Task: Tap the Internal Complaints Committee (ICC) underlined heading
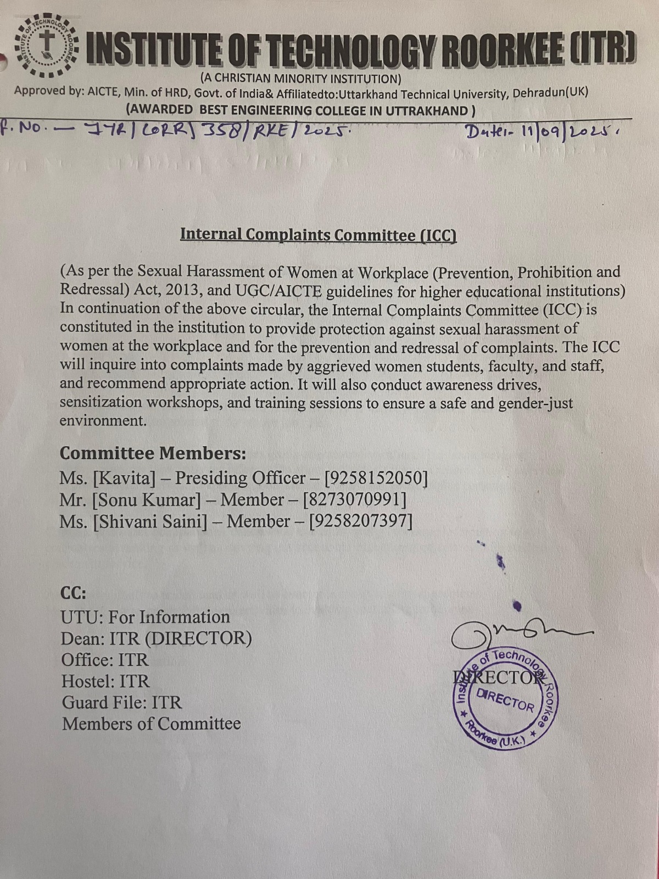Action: click(x=319, y=235)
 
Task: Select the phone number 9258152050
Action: click(x=376, y=478)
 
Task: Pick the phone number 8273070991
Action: click(x=355, y=499)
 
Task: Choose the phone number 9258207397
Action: click(x=361, y=521)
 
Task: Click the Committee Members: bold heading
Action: click(x=153, y=453)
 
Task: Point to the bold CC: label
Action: click(x=73, y=593)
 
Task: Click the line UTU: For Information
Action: click(x=146, y=617)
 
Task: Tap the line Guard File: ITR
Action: click(x=121, y=702)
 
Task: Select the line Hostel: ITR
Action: click(x=105, y=681)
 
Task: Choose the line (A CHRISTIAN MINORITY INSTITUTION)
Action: click(x=301, y=79)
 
